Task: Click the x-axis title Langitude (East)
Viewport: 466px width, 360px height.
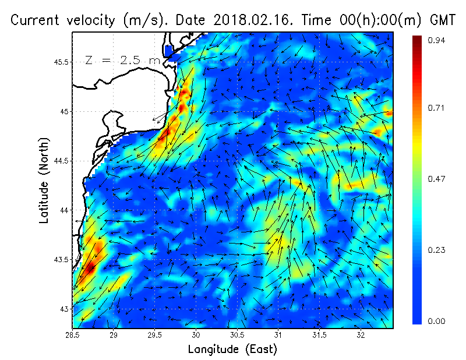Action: [232, 350]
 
